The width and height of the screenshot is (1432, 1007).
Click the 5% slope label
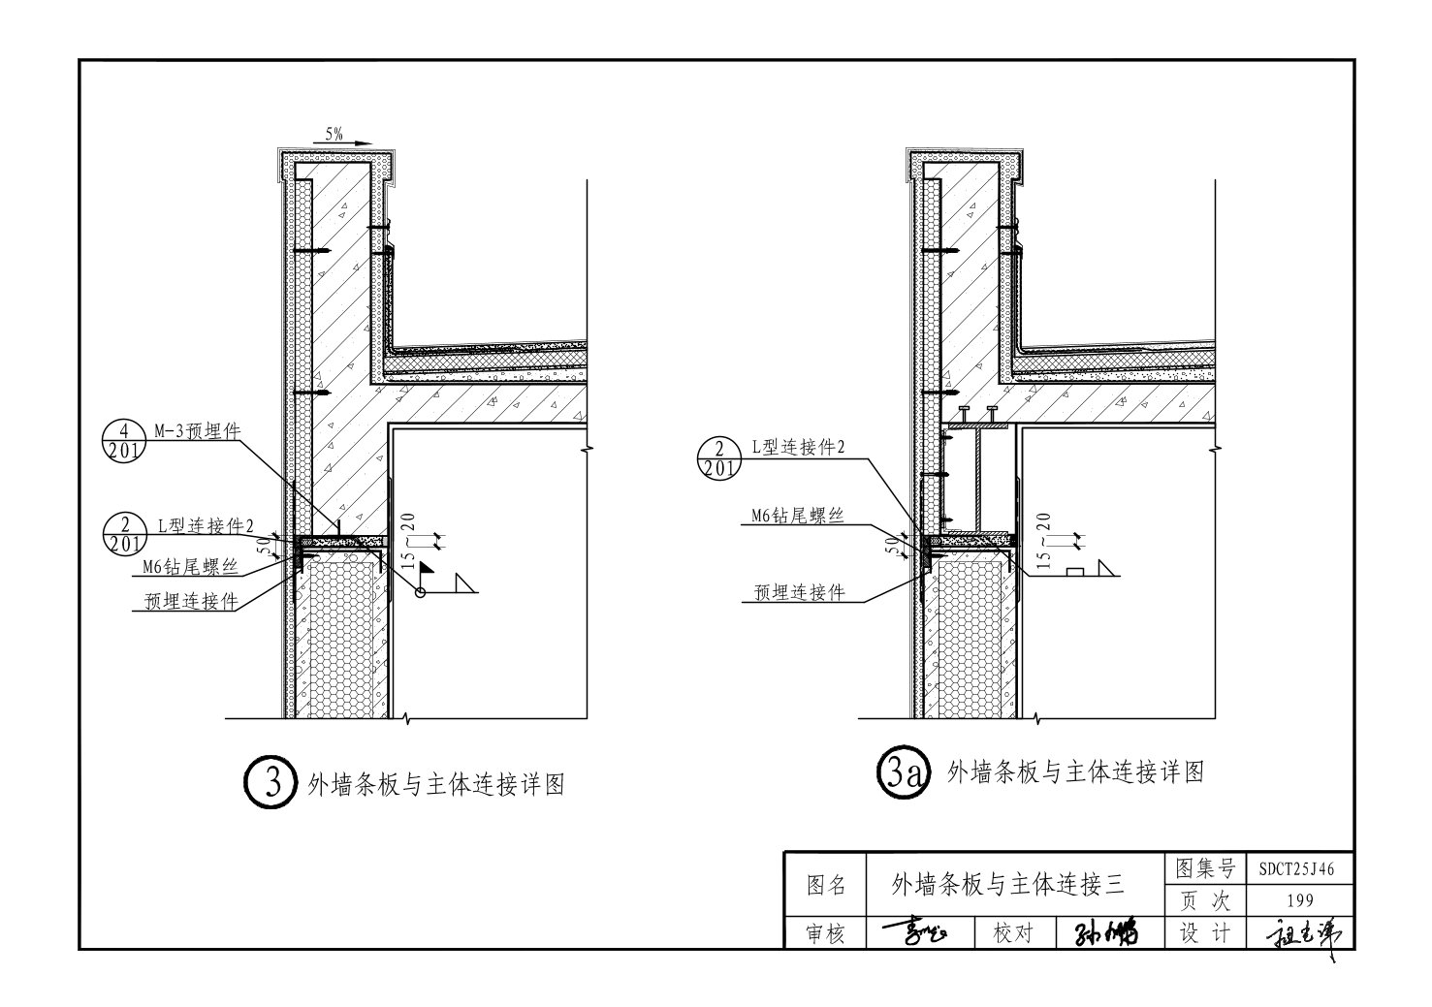click(x=334, y=135)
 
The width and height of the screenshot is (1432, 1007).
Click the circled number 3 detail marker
click(x=268, y=783)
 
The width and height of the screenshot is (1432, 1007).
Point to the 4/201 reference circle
click(x=122, y=442)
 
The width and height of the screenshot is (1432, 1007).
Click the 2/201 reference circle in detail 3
click(x=122, y=534)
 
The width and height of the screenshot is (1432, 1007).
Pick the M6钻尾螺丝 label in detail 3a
click(x=797, y=517)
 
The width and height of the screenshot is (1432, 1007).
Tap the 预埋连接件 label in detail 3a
click(x=799, y=592)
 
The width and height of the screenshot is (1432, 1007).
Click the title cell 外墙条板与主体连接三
click(x=1007, y=883)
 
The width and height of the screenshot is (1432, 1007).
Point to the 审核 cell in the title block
click(x=826, y=933)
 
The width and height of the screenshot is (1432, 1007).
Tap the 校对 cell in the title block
click(x=1014, y=933)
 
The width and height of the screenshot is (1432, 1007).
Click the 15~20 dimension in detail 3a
click(x=1043, y=543)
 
